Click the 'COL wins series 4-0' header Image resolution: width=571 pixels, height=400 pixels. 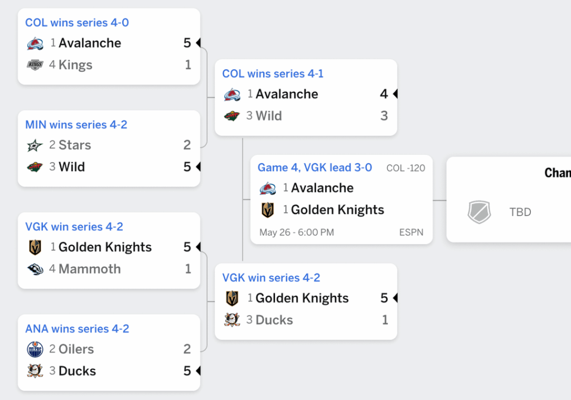point(77,23)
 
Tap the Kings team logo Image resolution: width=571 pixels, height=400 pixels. point(35,65)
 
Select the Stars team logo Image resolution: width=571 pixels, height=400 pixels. point(35,145)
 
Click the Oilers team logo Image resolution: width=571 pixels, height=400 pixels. point(35,349)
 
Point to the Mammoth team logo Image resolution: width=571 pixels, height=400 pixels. point(35,269)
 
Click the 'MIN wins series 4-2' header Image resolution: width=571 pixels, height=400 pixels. point(76,124)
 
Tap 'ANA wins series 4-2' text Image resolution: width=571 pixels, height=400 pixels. point(77,329)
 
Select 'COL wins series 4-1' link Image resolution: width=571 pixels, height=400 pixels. point(273,74)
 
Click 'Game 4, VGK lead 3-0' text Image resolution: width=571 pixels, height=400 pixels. point(314,168)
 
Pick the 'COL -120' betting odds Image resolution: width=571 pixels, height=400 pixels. point(406,168)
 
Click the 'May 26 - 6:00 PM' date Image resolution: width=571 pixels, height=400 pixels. point(297,232)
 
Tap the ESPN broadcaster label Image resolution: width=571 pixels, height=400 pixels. point(411,232)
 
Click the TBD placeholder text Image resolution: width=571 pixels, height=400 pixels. point(520,212)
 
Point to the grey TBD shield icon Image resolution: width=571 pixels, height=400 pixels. point(479,212)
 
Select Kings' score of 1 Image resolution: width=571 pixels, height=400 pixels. point(188,65)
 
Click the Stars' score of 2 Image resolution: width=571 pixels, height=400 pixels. point(187,145)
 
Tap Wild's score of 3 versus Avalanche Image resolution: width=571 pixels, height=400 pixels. point(384,116)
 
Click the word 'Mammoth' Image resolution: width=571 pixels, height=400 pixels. point(90,269)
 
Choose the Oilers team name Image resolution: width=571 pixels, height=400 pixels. point(76,349)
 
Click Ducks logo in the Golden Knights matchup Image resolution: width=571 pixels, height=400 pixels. point(232,320)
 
